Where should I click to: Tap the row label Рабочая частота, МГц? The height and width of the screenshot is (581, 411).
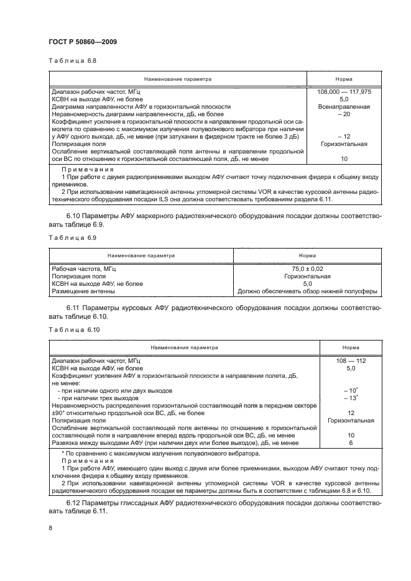coord(84,268)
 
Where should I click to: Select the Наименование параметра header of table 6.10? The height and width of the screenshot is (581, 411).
coord(182,347)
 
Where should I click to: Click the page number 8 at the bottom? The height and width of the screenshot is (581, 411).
coord(50,528)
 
